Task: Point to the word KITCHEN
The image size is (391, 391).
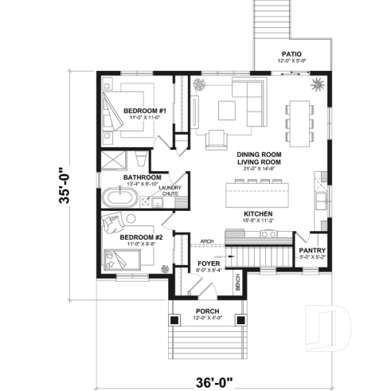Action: pyautogui.click(x=258, y=214)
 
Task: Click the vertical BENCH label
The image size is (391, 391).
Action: pyautogui.click(x=237, y=280)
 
